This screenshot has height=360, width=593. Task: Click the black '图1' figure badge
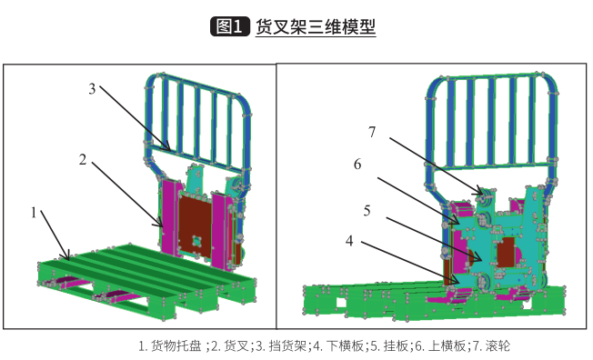230,26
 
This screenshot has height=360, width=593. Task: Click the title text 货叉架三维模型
316,26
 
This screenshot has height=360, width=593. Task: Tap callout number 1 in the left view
34,213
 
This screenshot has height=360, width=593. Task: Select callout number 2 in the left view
83,160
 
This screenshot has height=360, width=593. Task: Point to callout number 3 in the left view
92,89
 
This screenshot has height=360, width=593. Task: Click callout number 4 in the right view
349,241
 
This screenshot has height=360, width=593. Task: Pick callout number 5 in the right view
367,211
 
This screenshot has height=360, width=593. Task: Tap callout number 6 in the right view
357,165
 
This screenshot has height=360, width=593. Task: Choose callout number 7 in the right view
372,132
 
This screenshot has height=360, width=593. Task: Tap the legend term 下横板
345,345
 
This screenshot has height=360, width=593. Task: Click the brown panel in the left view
195,226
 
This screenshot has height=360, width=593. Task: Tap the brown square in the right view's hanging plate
506,252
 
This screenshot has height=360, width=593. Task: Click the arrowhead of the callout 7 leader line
482,194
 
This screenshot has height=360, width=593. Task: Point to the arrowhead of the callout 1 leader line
68,257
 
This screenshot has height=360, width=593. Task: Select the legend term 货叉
236,345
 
